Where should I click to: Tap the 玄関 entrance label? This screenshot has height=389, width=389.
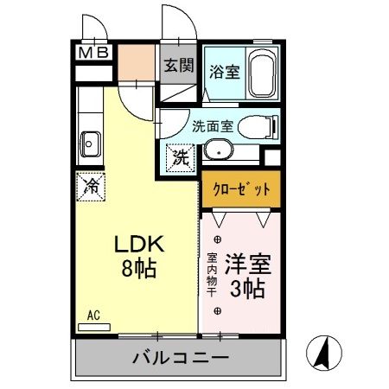click(180, 67)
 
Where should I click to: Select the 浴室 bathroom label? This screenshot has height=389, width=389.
click(225, 73)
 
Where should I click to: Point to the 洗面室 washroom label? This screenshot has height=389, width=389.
click(212, 124)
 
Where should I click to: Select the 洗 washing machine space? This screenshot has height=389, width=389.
click(181, 159)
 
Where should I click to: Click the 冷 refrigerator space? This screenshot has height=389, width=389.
click(90, 185)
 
